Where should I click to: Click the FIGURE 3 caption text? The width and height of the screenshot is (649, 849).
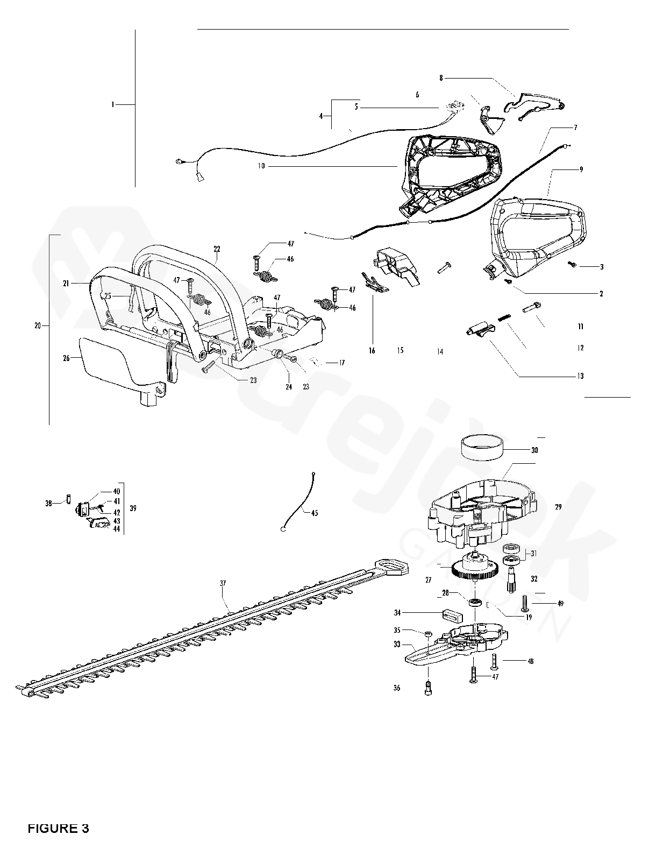point(58,828)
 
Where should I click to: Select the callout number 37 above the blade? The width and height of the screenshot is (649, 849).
point(223,583)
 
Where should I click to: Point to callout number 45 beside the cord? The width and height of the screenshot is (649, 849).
point(315,513)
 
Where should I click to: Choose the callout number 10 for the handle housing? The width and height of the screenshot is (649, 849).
point(261,166)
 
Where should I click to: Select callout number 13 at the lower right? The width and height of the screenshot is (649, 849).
point(580,376)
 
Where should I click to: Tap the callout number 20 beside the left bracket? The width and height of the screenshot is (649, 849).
point(37,326)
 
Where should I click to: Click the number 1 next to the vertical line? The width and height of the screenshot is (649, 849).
point(113,104)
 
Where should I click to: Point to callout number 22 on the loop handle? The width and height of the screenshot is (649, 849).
point(217,249)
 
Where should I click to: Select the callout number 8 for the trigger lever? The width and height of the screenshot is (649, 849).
point(441,77)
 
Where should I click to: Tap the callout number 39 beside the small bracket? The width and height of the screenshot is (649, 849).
point(133,508)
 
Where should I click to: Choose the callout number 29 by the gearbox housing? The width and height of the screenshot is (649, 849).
point(558,507)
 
